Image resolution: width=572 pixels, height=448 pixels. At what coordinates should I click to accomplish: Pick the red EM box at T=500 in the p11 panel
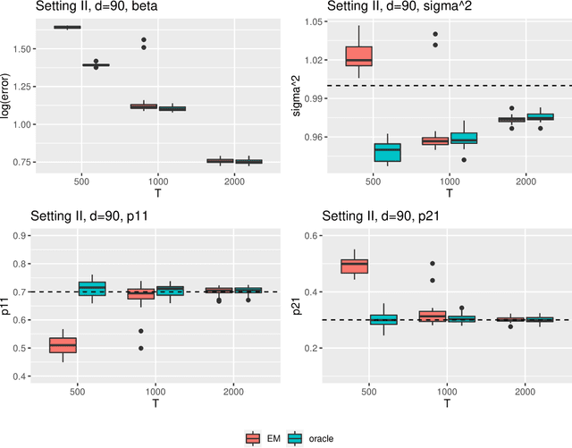coord(63,344)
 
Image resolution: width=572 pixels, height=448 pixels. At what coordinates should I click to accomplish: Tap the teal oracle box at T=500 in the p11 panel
coord(91,288)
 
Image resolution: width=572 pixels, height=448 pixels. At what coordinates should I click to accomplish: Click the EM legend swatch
coord(253,437)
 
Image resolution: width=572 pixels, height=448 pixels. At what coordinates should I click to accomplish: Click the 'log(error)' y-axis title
coord(7,93)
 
